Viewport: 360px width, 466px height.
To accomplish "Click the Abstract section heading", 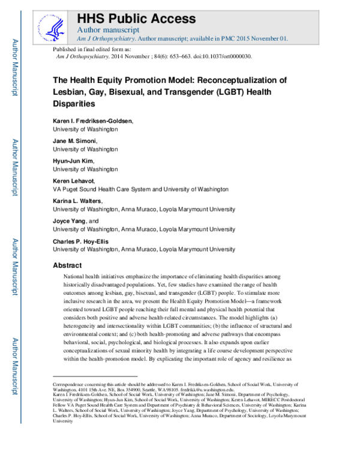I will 67,265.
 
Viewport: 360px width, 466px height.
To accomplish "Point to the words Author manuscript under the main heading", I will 109,29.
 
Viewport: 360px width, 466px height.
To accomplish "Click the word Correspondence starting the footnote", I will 70,383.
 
